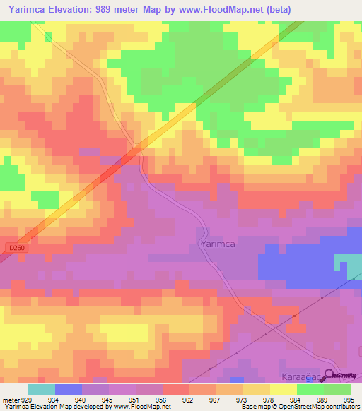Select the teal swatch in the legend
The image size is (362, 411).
[x=41, y=389]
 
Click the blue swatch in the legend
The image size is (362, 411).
[x=69, y=389]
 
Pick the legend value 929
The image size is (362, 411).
[x=27, y=399]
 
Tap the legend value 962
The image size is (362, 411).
[x=188, y=399]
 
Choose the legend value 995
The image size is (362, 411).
[x=350, y=399]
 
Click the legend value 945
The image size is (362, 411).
[x=107, y=399]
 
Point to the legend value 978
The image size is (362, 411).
[x=269, y=399]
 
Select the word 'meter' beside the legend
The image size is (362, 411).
[x=10, y=399]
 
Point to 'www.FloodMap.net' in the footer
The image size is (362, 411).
[x=144, y=407]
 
